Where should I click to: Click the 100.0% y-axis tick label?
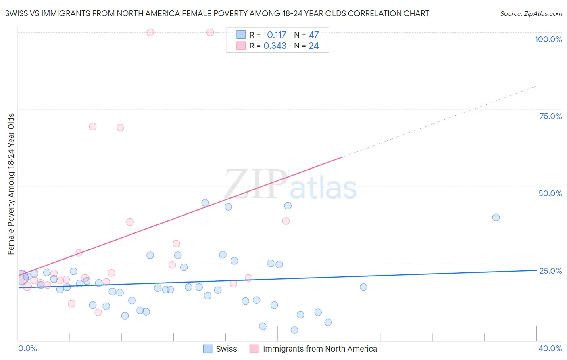pos(548,39)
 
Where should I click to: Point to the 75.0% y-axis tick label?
pos(550,116)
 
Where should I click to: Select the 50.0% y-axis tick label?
pos(550,193)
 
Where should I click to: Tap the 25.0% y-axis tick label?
pos(550,270)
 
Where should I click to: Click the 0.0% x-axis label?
pos(27,348)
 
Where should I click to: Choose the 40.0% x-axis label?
pos(550,348)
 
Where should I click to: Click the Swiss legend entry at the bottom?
pos(226,349)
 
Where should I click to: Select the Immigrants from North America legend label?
pos(319,349)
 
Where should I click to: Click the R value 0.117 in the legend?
pos(276,35)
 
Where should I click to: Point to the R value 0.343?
pos(275,46)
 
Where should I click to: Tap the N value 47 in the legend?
pos(314,35)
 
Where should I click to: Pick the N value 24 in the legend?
pos(314,46)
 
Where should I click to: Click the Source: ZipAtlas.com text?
pos(531,14)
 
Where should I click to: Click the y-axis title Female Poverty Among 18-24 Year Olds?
pos(11,184)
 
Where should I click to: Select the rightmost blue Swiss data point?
pos(496,218)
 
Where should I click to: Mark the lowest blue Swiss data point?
pos(294,330)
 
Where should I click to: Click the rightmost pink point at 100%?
pos(210,32)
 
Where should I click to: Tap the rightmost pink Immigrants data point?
pos(286,221)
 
